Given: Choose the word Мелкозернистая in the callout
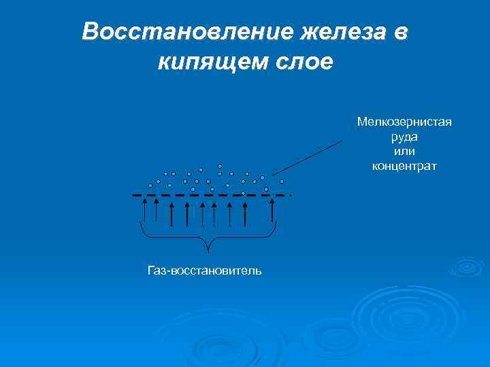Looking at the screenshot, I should [404, 122].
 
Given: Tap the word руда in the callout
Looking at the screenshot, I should [404, 137].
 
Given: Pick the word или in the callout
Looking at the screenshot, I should [404, 151].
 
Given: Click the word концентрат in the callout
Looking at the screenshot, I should [404, 165].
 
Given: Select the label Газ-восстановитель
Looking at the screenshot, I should [204, 270].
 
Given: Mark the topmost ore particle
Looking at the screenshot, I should [220, 166].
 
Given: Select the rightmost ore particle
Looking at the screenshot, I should [282, 181].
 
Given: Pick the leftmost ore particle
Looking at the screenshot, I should [150, 185].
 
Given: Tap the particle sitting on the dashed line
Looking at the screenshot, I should [243, 193].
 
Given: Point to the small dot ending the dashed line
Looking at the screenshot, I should [291, 195].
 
